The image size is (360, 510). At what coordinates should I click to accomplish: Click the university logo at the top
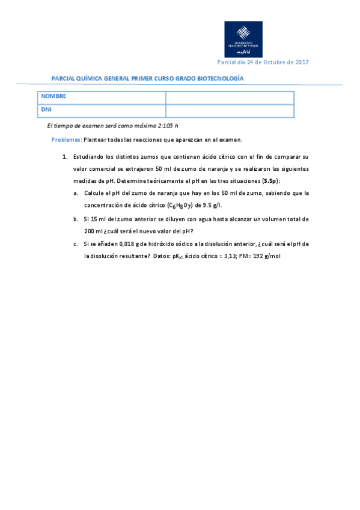pos(243,39)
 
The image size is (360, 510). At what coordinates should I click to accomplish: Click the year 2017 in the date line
pos(301,63)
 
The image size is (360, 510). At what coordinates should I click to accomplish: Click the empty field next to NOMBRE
pos(229,97)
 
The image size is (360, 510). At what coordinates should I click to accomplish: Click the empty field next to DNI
pos(229,111)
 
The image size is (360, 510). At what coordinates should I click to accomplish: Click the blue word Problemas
pos(66,140)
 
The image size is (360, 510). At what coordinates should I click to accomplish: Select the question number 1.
pos(64,156)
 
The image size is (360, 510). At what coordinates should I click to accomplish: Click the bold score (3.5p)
pos(270,180)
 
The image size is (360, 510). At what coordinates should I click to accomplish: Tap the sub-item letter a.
pos(76,193)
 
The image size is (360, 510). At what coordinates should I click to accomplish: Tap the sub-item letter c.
pos(76,244)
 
